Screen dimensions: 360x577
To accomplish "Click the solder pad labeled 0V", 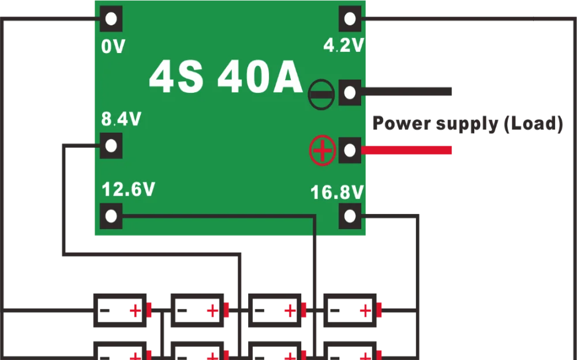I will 111,18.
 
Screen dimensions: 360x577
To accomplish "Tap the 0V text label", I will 113,47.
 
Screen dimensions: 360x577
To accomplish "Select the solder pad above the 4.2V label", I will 350,18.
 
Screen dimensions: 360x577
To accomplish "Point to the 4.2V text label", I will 344,46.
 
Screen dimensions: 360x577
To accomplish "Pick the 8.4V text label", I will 121,119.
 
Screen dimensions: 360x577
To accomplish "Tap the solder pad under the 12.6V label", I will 111,216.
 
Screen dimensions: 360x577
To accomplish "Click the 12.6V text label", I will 128,189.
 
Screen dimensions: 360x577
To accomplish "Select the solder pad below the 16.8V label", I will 350,216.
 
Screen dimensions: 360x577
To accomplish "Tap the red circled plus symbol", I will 323,151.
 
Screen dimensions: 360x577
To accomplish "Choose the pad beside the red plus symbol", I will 350,151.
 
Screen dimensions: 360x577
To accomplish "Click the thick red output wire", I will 406,151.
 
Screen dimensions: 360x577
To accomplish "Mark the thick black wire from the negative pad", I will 406,90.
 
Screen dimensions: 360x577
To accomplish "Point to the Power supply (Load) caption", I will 466,123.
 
